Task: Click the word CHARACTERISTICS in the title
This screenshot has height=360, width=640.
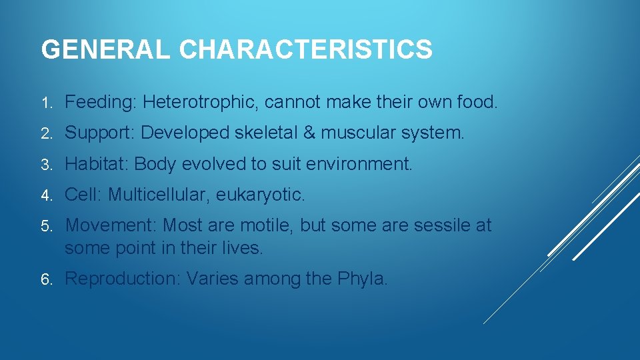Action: click(x=306, y=49)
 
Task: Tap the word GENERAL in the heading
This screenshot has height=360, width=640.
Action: click(x=107, y=49)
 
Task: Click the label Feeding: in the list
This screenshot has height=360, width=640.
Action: click(x=101, y=102)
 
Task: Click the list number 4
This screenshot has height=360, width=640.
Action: click(x=45, y=195)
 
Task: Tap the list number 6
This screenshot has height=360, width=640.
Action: click(x=45, y=279)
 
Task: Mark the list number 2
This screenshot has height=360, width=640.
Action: click(x=45, y=133)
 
